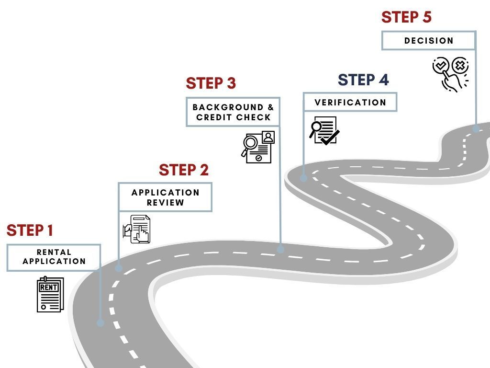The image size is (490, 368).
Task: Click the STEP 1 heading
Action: tap(30, 230)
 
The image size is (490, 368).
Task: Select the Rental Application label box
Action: tap(54, 257)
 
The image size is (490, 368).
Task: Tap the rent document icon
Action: tap(50, 294)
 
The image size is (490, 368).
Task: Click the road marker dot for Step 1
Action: tap(100, 322)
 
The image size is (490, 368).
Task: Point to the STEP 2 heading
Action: tap(184, 170)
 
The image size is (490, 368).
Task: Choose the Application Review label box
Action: tap(165, 197)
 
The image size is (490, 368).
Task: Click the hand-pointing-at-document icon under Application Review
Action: tap(136, 229)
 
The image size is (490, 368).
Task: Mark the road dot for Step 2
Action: tap(119, 268)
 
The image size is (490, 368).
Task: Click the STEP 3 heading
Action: tap(211, 83)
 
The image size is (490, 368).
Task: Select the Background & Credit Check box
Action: tap(233, 112)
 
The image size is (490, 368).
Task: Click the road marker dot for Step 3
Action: tap(280, 249)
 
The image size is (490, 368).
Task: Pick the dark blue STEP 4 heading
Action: tap(363, 80)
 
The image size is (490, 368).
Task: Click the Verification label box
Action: tap(350, 102)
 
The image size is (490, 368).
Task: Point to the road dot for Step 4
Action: tap(303, 178)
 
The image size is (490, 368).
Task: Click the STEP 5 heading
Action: tap(406, 17)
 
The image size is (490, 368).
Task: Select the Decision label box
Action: tap(428, 41)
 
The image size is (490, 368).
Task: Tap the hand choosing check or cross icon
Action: tap(451, 74)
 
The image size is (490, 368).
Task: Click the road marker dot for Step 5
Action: tap(476, 128)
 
